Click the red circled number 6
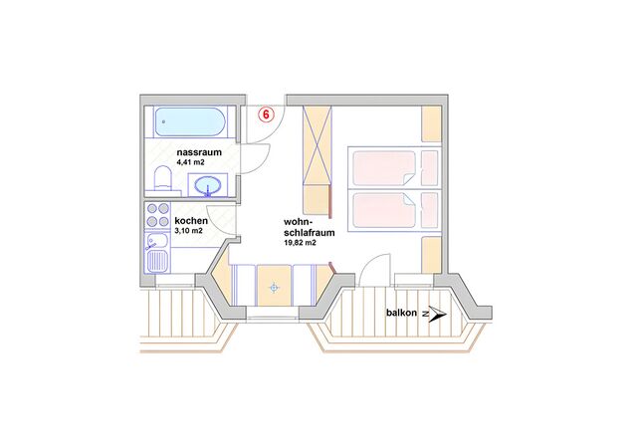(x=266, y=114)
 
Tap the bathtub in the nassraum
(x=190, y=121)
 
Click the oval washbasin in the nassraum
(x=208, y=185)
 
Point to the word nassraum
(x=199, y=152)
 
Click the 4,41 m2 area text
(x=190, y=162)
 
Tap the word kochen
(x=191, y=221)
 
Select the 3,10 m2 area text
(x=188, y=231)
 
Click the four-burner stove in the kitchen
(x=158, y=215)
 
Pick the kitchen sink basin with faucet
(x=157, y=241)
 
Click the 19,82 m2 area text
(x=300, y=242)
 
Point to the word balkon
(x=401, y=313)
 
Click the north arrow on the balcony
(x=435, y=314)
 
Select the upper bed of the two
(x=393, y=168)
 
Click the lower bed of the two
(x=393, y=210)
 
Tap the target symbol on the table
(x=274, y=288)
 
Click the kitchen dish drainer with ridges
(x=157, y=261)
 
